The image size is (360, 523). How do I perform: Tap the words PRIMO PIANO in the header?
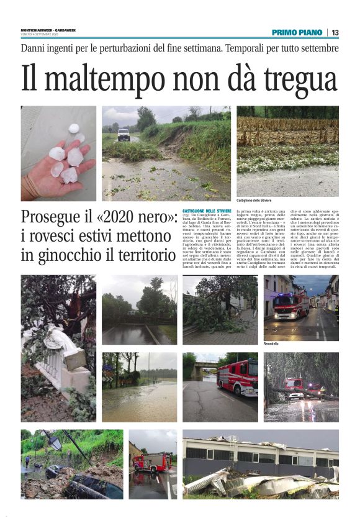[297, 32]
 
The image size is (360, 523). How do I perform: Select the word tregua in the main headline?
[300, 80]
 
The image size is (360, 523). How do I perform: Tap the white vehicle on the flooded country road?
[124, 134]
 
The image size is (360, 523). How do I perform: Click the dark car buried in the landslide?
[93, 484]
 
